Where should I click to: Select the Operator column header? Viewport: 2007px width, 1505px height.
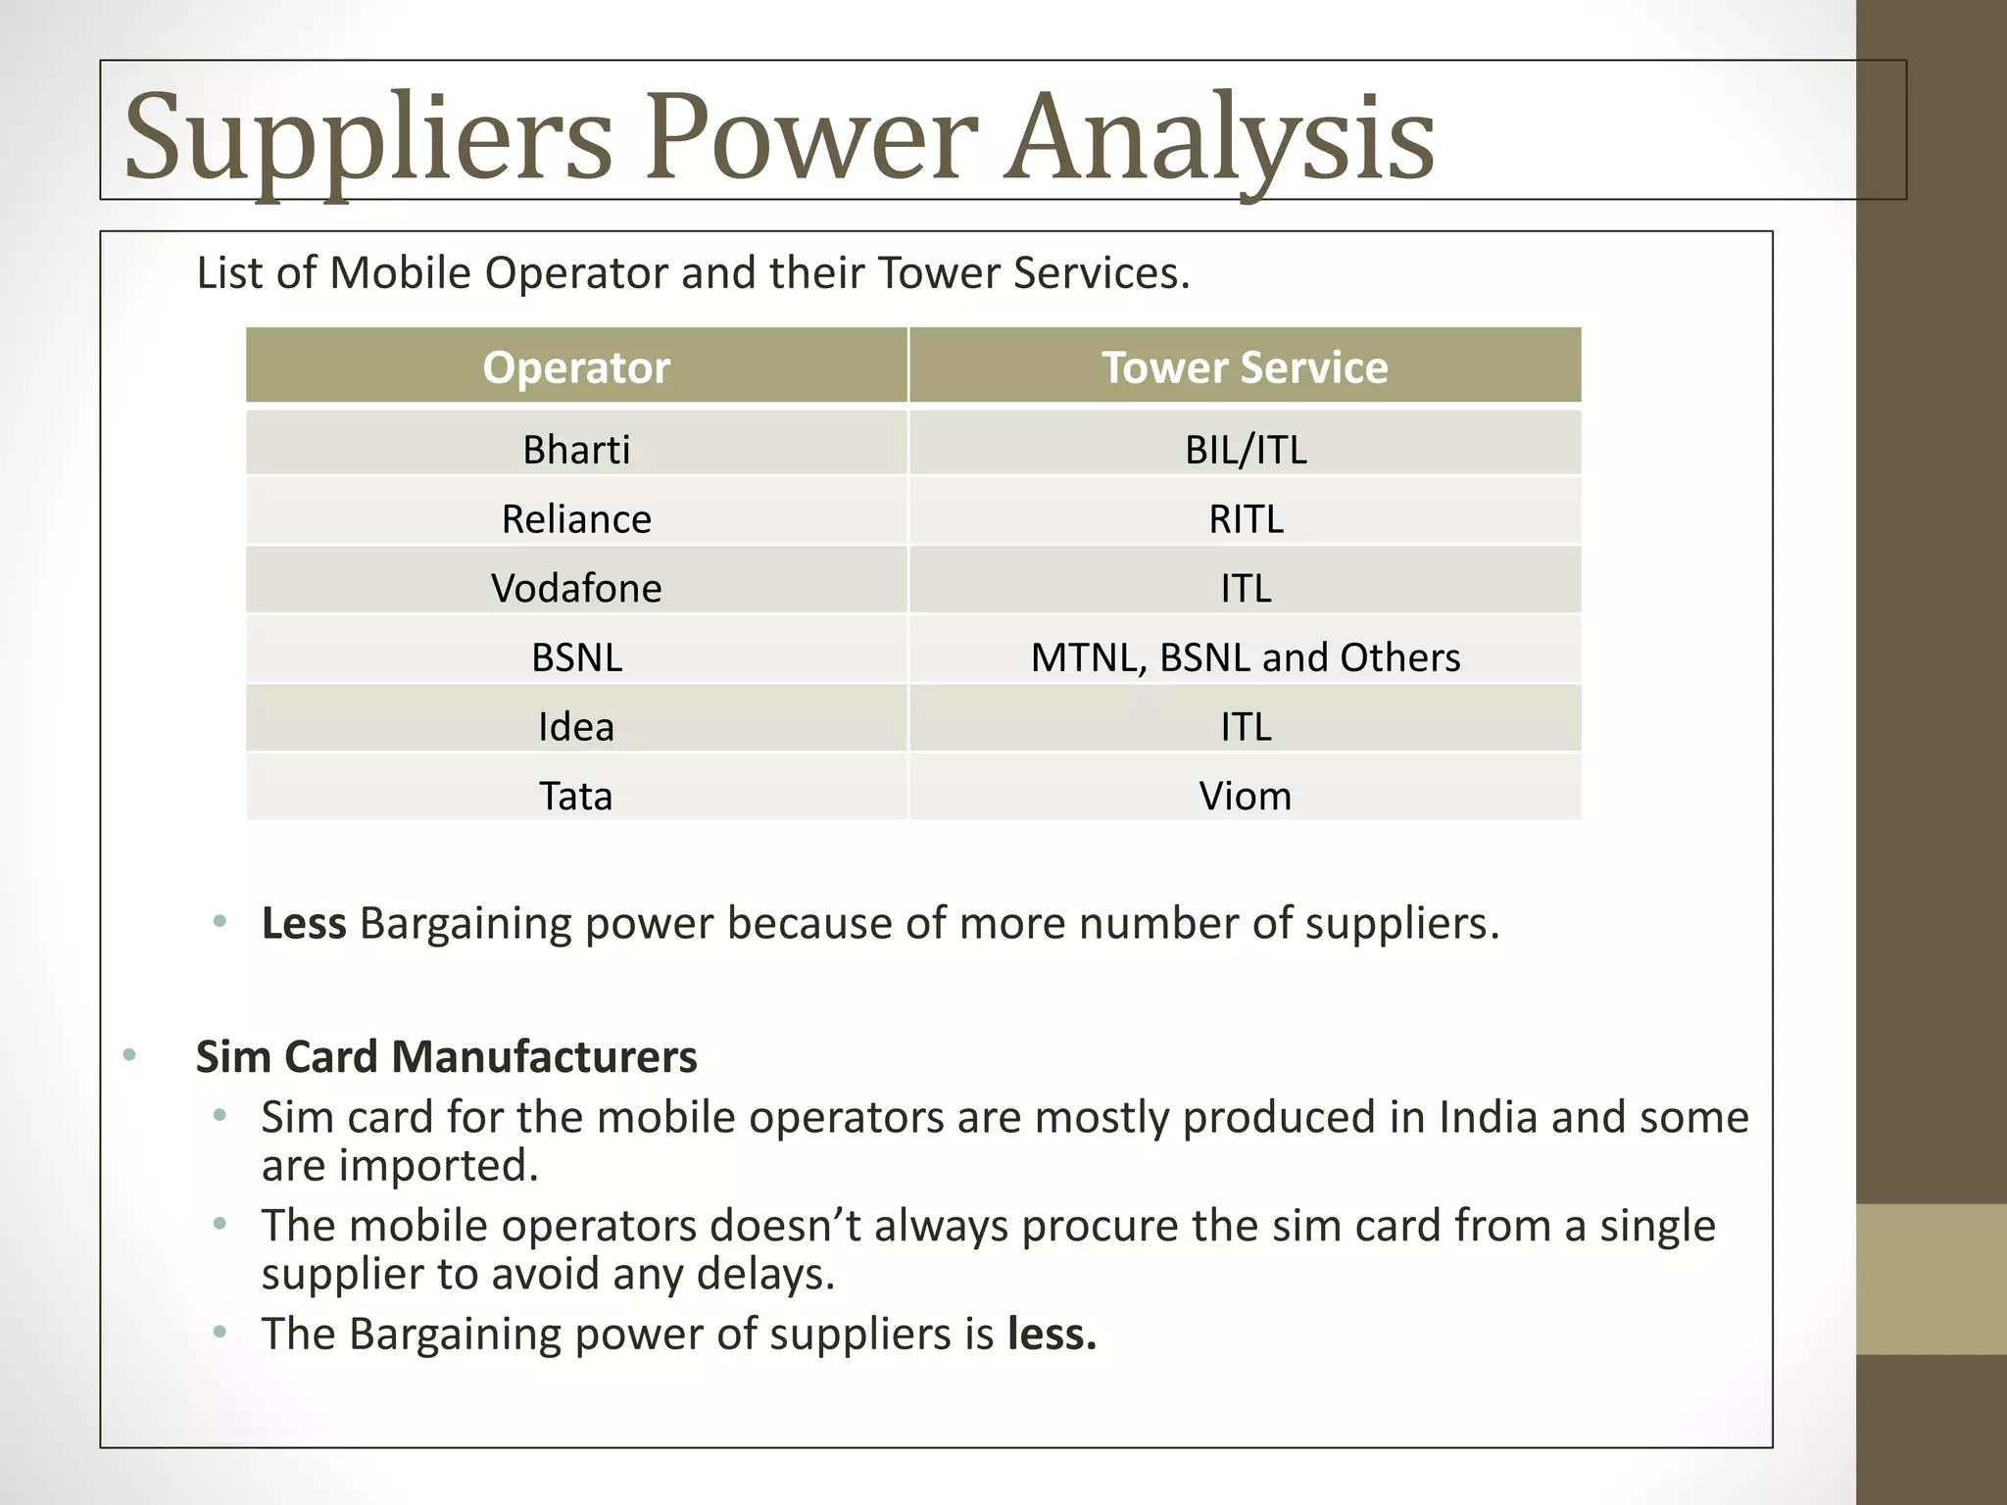pos(576,367)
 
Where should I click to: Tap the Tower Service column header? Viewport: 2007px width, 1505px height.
pos(1245,367)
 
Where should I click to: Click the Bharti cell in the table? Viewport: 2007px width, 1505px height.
pos(576,450)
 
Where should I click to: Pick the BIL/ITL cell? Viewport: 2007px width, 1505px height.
pos(1246,450)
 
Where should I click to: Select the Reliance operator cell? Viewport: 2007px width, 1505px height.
pos(576,518)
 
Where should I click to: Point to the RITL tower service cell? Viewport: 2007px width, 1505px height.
pos(1246,518)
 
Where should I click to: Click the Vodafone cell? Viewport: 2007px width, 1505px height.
pos(576,588)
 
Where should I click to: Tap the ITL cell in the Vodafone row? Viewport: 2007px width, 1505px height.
pos(1246,588)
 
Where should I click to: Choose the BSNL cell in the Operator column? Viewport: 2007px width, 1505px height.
pos(576,657)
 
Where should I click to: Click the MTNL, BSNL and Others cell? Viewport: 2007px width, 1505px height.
pos(1246,657)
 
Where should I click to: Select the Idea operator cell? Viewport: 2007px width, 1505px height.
pos(576,727)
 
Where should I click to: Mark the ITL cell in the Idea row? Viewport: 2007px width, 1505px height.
pos(1246,727)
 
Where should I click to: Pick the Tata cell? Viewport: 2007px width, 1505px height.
pos(576,796)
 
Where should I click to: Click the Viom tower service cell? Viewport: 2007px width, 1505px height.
pos(1246,796)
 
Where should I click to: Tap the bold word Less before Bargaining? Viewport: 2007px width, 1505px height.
pos(304,924)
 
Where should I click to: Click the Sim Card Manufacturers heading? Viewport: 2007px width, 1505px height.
pos(446,1057)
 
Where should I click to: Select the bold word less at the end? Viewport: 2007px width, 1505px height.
pos(1052,1335)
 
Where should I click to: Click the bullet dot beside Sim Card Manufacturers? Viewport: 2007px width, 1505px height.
pos(129,1055)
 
